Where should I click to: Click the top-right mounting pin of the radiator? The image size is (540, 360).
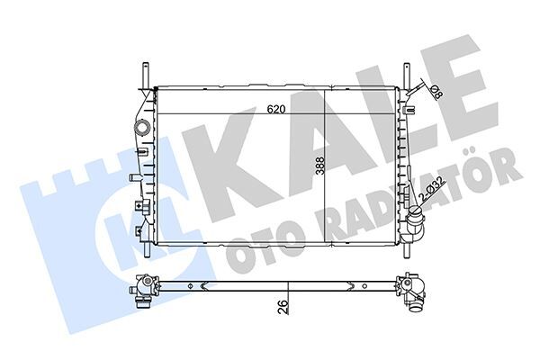(x=406, y=74)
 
